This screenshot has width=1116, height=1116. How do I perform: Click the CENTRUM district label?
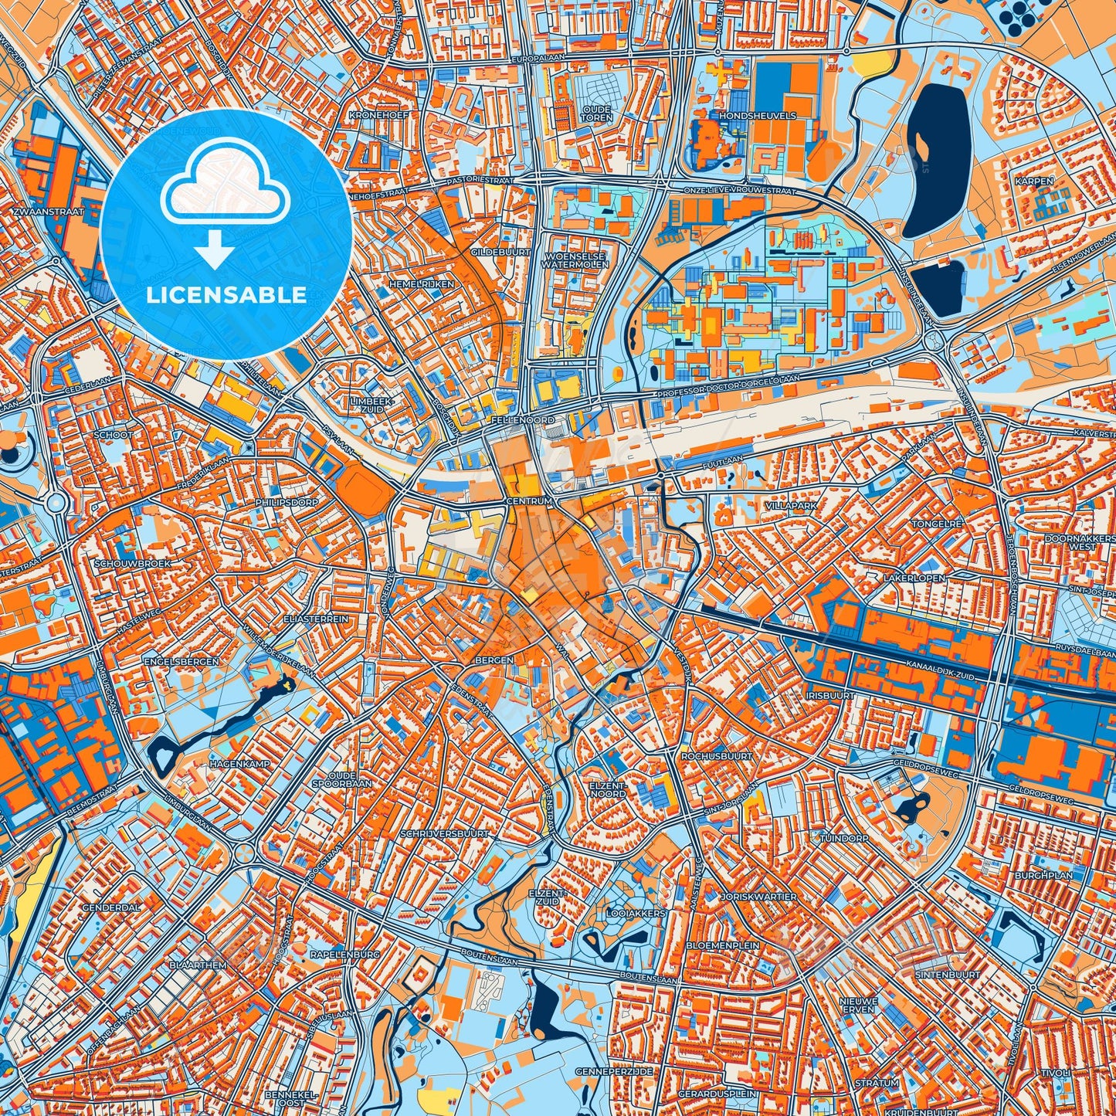(529, 501)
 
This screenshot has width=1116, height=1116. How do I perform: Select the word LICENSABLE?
(226, 295)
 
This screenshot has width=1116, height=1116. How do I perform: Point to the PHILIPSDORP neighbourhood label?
(286, 502)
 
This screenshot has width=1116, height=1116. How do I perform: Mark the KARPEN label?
(1034, 181)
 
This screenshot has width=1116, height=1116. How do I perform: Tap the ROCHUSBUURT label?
(716, 756)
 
